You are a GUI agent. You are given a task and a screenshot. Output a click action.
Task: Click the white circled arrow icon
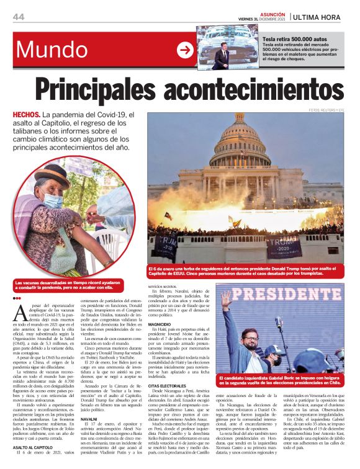coord(185,50)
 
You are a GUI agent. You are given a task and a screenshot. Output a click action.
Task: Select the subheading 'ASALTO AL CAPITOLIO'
coord(35,447)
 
